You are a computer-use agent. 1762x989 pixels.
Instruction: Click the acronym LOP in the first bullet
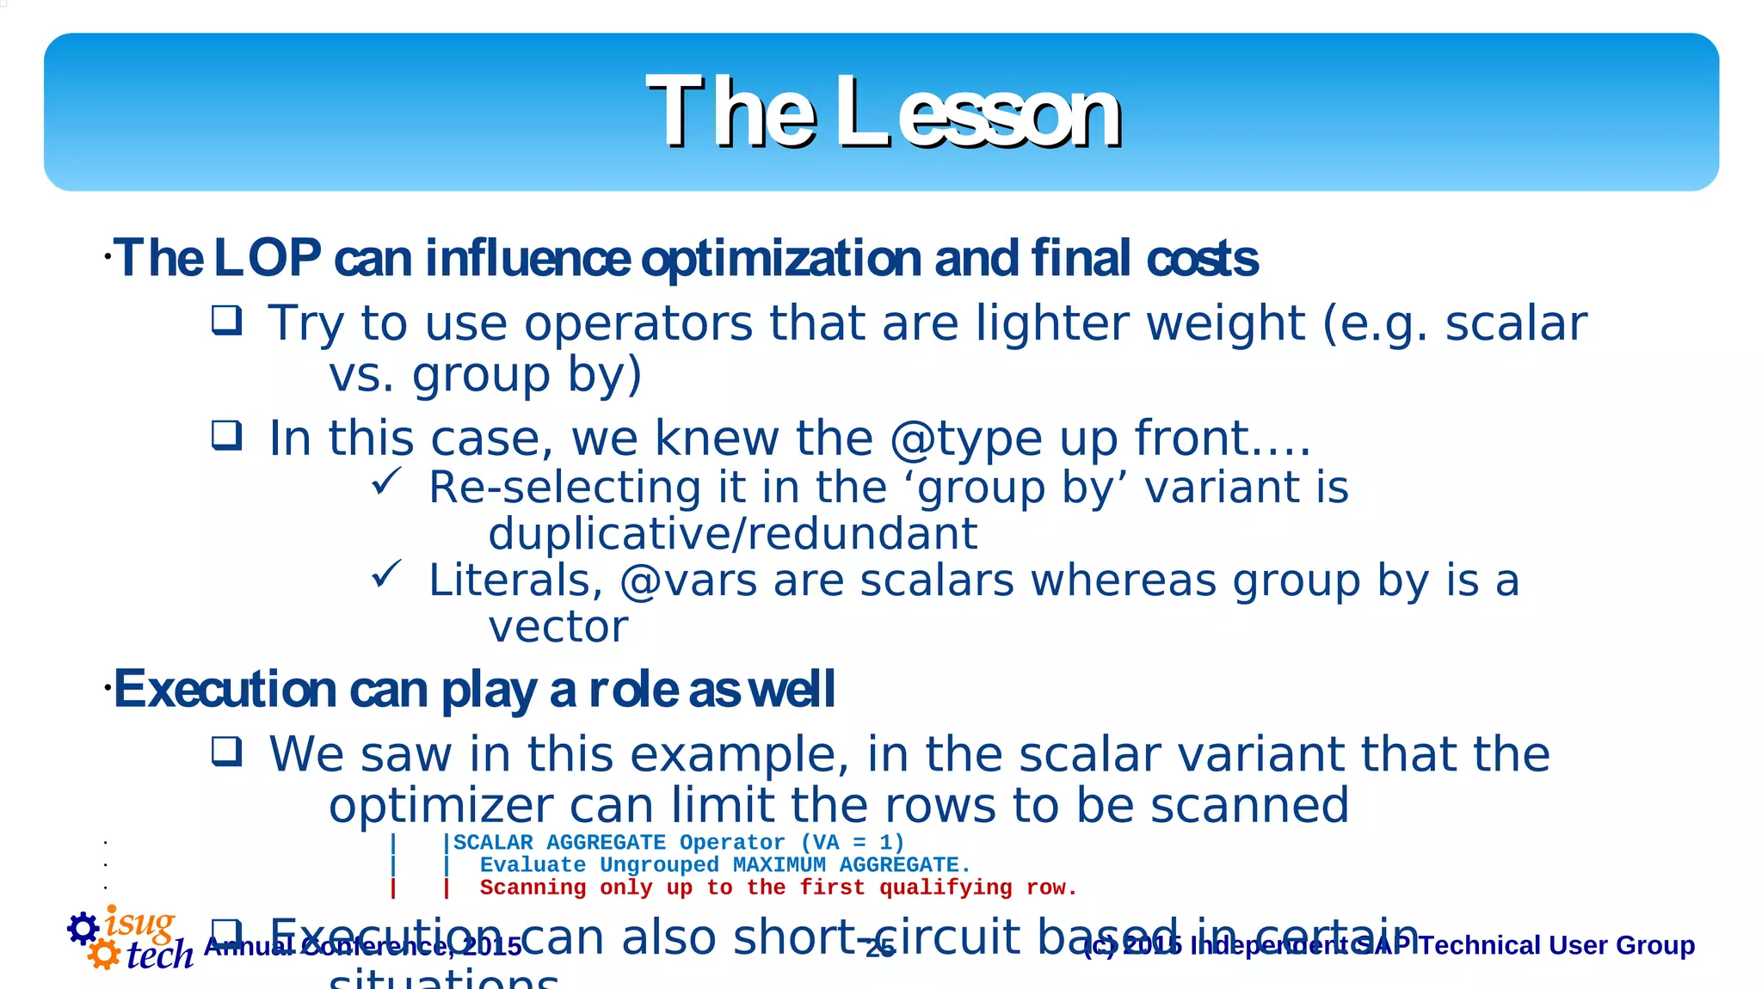point(267,258)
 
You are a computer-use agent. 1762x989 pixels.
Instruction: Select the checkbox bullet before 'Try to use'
point(227,320)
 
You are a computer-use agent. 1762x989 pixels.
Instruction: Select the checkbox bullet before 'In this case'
point(227,435)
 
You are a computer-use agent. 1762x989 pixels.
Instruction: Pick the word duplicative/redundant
point(732,534)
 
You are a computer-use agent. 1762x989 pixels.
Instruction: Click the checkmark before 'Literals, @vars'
point(386,574)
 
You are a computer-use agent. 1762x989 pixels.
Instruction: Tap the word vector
point(558,627)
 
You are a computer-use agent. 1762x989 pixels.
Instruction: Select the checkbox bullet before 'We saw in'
point(227,752)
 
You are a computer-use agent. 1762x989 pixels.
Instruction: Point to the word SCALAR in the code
point(493,843)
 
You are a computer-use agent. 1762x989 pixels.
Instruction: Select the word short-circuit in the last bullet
point(877,937)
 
